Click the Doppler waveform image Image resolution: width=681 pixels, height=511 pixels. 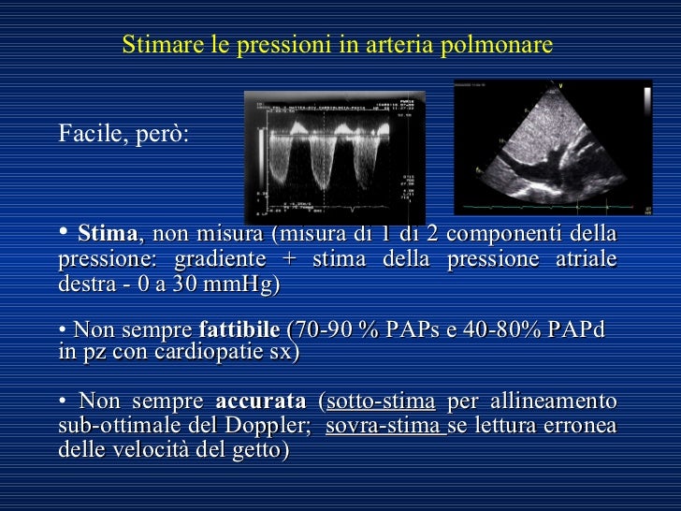pos(334,156)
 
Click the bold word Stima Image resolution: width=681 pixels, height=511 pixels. pos(109,232)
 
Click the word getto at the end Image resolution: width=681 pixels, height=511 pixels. pos(262,451)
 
